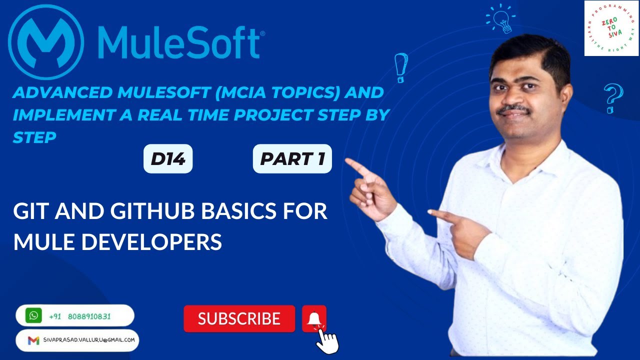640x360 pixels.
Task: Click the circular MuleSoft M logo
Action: pyautogui.click(x=46, y=42)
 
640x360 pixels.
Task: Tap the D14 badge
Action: pyautogui.click(x=168, y=159)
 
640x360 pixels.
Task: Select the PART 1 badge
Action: pyautogui.click(x=292, y=159)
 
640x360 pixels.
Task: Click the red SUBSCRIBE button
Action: pyautogui.click(x=239, y=318)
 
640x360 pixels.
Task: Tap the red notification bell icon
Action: pyautogui.click(x=314, y=318)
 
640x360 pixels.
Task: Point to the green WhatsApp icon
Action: pyautogui.click(x=33, y=315)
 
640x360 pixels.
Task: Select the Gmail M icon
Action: pyautogui.click(x=33, y=340)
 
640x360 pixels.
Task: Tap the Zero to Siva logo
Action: pyautogui.click(x=611, y=28)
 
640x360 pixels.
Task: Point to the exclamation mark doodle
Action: pyautogui.click(x=400, y=67)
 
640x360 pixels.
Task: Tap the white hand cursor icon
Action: pyautogui.click(x=327, y=341)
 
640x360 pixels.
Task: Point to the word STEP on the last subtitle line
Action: pyautogui.click(x=34, y=137)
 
